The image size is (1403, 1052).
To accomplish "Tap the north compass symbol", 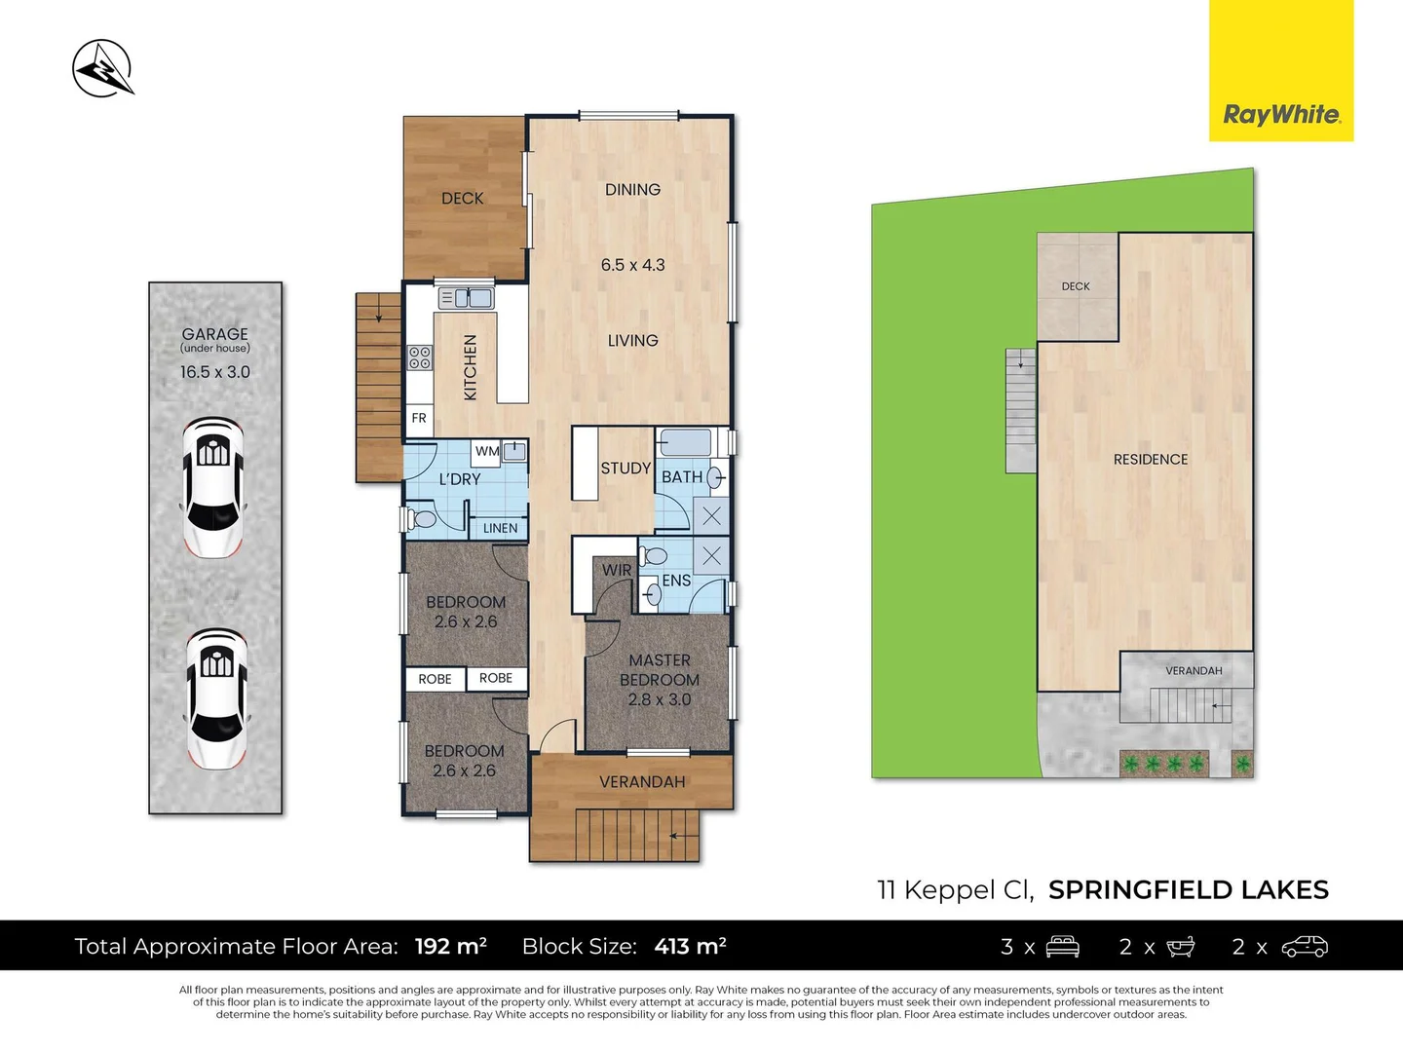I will (102, 69).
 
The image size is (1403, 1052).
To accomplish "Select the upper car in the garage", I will (213, 487).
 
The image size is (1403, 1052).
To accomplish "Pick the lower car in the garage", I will (216, 698).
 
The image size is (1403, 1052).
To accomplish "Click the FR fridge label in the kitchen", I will (419, 418).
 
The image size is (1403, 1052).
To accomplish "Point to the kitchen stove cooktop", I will (420, 357).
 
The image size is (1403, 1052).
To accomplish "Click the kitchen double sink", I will (467, 298).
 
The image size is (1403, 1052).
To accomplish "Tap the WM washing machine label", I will (487, 451).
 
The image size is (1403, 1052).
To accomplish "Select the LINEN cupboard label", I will (500, 528).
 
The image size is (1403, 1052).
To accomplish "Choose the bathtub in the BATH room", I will (685, 443).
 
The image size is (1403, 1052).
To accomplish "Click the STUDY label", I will (626, 469).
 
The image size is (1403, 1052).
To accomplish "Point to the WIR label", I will (617, 570).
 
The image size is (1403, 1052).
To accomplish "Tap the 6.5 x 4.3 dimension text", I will (632, 265).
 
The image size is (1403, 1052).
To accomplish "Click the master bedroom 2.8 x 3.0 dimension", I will (660, 699).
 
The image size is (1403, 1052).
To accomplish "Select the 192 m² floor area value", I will (450, 946).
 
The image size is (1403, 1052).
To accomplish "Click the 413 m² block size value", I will (691, 946).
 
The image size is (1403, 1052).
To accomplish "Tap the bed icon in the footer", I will (1062, 946).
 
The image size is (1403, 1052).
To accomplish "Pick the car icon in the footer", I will (1305, 946).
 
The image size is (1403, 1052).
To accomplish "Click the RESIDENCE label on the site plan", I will (1151, 459).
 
